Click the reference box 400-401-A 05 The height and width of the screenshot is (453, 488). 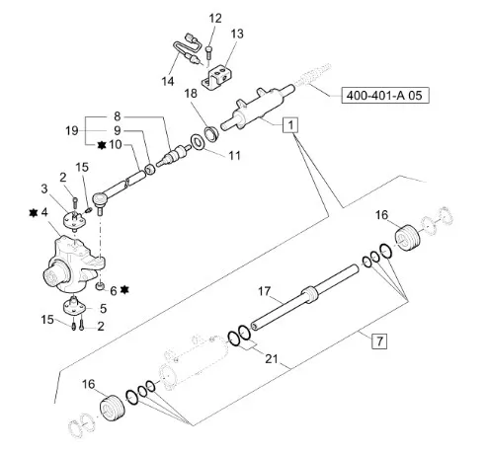pyautogui.click(x=385, y=96)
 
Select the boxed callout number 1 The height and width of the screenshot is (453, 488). pyautogui.click(x=290, y=125)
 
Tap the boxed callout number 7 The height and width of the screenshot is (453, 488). pyautogui.click(x=379, y=340)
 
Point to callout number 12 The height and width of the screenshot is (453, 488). pyautogui.click(x=215, y=19)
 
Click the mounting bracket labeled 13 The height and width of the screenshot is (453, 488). pyautogui.click(x=217, y=77)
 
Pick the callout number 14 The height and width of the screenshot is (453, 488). pyautogui.click(x=168, y=81)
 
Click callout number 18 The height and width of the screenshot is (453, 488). pyautogui.click(x=191, y=94)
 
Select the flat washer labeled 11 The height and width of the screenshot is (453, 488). pyautogui.click(x=199, y=143)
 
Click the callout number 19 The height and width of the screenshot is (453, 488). pyautogui.click(x=72, y=130)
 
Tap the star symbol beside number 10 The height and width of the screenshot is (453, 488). pyautogui.click(x=102, y=145)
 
